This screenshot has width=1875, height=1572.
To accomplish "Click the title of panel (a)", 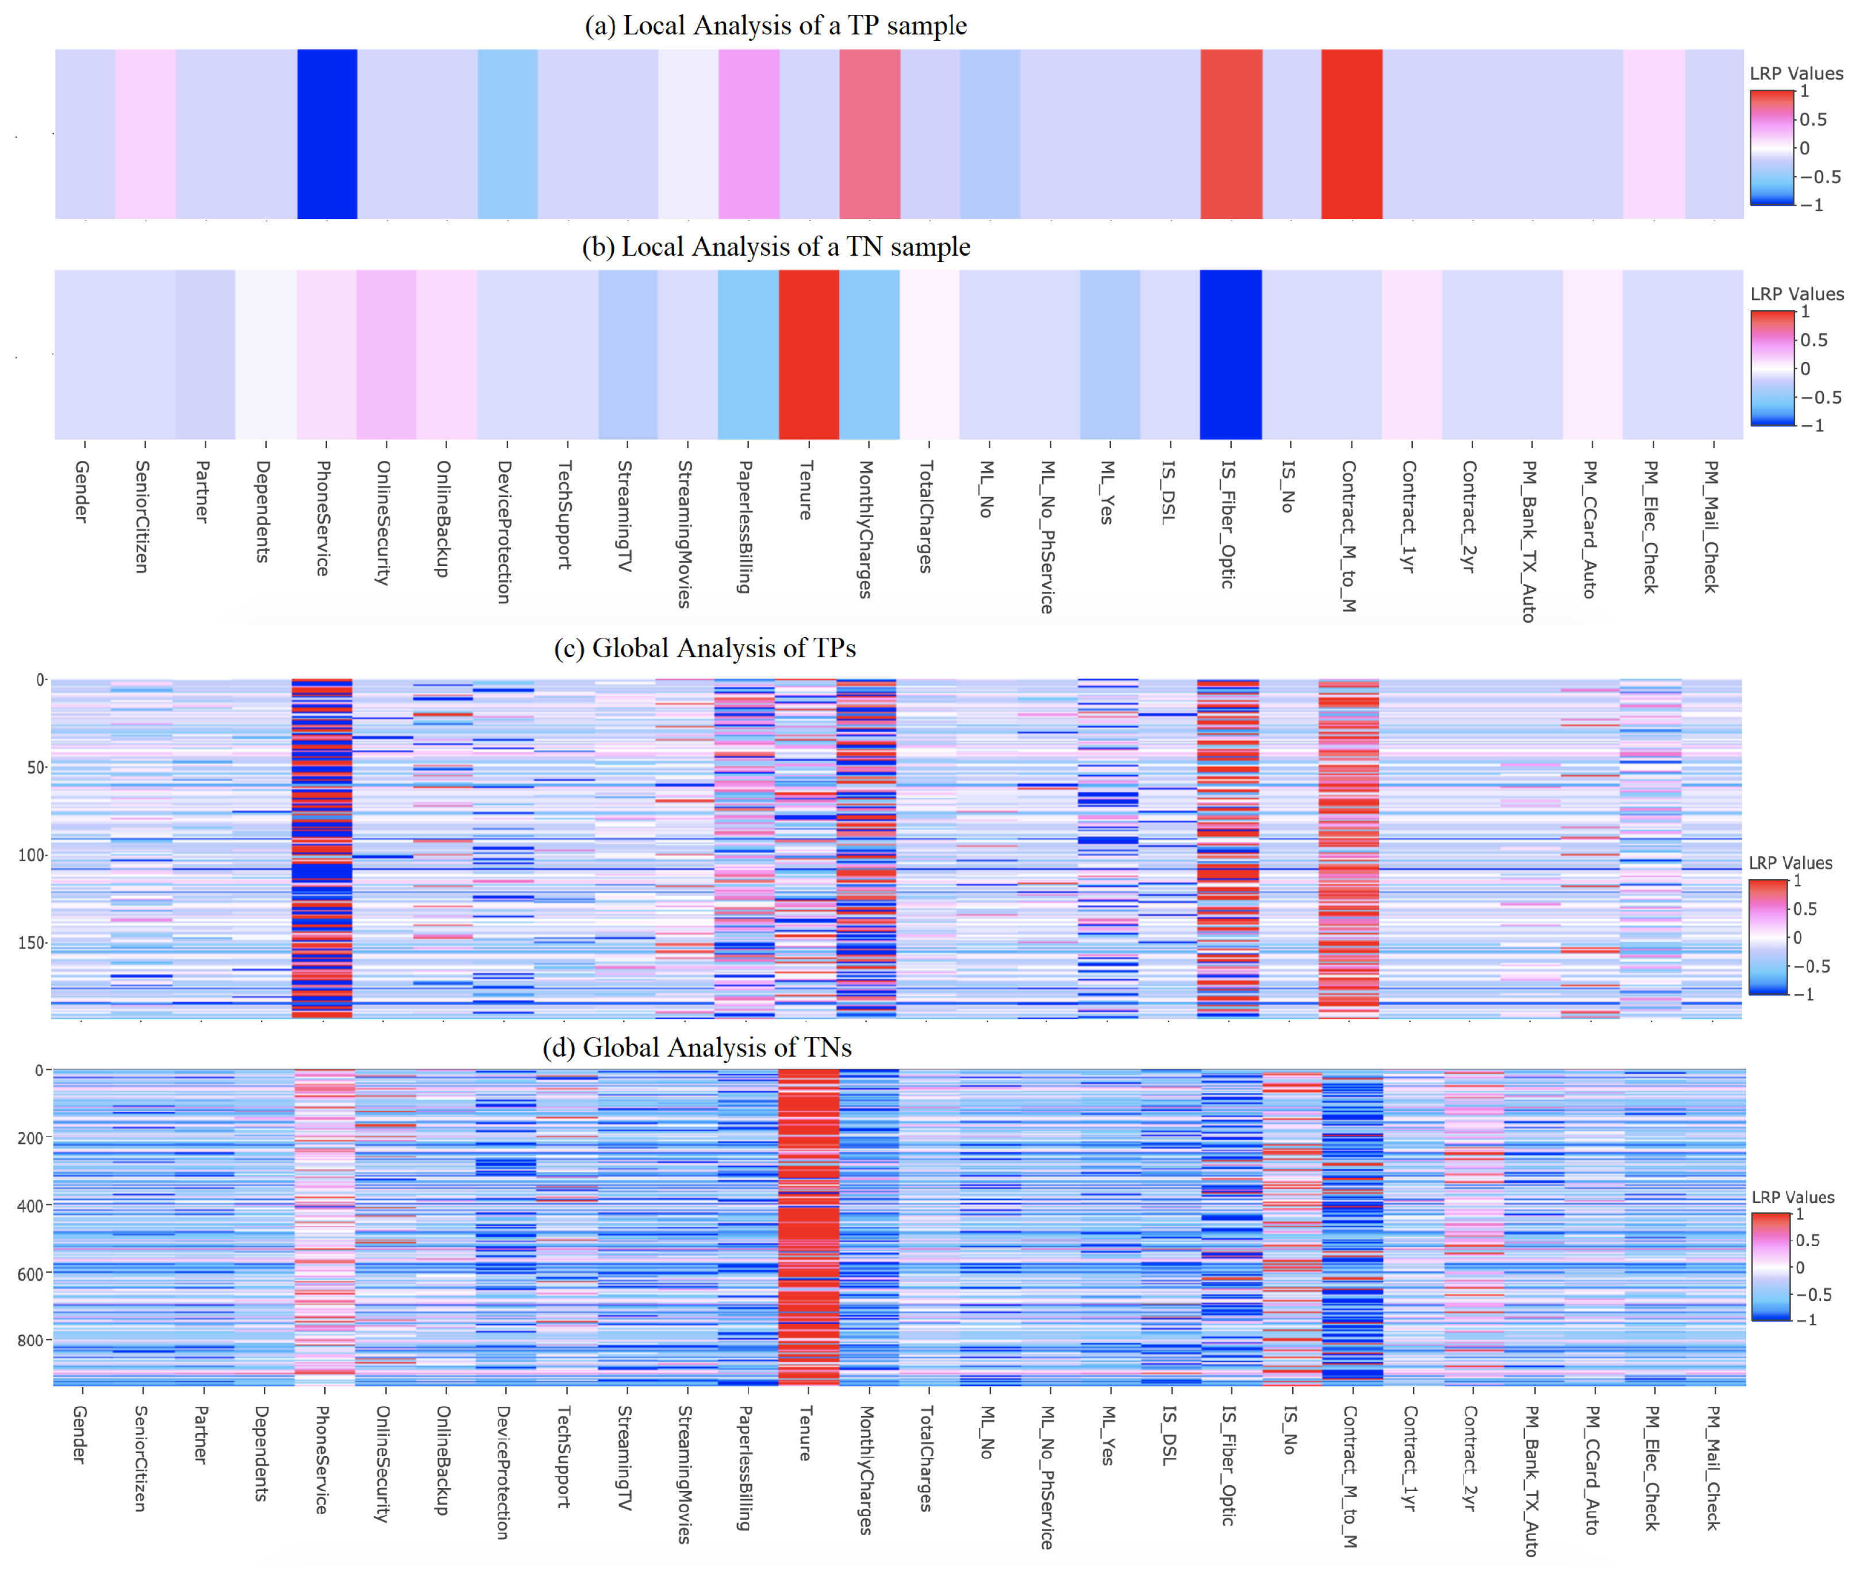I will [x=775, y=26].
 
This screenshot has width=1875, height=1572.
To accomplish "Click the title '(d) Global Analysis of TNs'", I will [x=697, y=1046].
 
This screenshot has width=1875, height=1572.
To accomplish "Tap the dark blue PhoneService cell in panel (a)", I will [x=327, y=134].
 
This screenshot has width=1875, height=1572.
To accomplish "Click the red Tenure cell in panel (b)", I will [x=808, y=355].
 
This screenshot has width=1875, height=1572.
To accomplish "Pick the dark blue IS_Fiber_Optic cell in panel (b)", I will [x=1230, y=355].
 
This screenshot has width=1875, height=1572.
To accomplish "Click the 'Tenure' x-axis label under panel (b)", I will [x=805, y=491].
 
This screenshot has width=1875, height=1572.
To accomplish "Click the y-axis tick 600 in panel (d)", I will [x=30, y=1274].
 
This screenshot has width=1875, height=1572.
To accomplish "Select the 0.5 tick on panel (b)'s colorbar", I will [x=1812, y=340].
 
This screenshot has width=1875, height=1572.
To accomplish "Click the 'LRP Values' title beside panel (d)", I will [x=1792, y=1197].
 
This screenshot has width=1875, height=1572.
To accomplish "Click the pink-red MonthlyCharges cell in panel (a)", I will [x=869, y=134].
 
